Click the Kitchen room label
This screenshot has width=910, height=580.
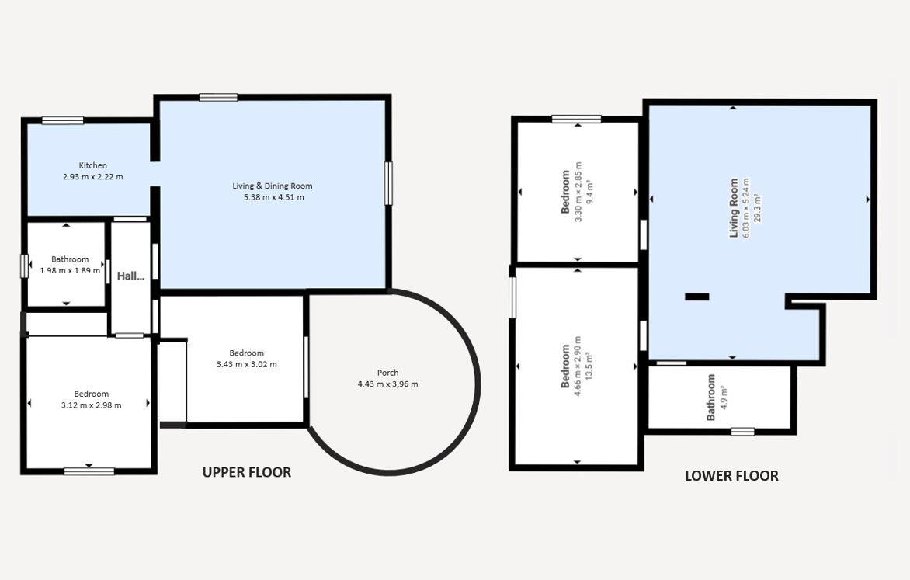pyautogui.click(x=93, y=165)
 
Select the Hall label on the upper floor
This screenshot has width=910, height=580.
pyautogui.click(x=130, y=276)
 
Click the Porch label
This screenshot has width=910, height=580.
pyautogui.click(x=387, y=373)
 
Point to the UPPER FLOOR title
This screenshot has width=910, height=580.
pyautogui.click(x=247, y=473)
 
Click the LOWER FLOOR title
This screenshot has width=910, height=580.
pyautogui.click(x=732, y=476)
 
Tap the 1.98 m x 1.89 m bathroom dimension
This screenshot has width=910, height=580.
pyautogui.click(x=70, y=270)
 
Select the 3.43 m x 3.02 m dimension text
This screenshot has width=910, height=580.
pyautogui.click(x=247, y=365)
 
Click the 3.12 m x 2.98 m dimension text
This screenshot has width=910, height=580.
pyautogui.click(x=91, y=405)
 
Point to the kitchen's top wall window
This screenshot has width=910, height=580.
pyautogui.click(x=63, y=121)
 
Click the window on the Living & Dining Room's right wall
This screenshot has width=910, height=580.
pyautogui.click(x=388, y=183)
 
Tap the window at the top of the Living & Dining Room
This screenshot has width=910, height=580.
pyautogui.click(x=218, y=98)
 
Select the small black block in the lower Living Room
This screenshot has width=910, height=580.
pyautogui.click(x=697, y=297)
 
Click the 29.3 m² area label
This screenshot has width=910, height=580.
pyautogui.click(x=757, y=208)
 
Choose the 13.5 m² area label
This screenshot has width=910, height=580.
pyautogui.click(x=589, y=366)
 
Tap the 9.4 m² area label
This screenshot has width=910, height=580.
pyautogui.click(x=589, y=193)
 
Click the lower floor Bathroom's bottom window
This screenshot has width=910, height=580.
pyautogui.click(x=743, y=432)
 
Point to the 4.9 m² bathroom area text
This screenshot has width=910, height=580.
pyautogui.click(x=724, y=398)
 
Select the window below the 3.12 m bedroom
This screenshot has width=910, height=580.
pyautogui.click(x=89, y=471)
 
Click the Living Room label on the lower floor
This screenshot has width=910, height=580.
pyautogui.click(x=735, y=208)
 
